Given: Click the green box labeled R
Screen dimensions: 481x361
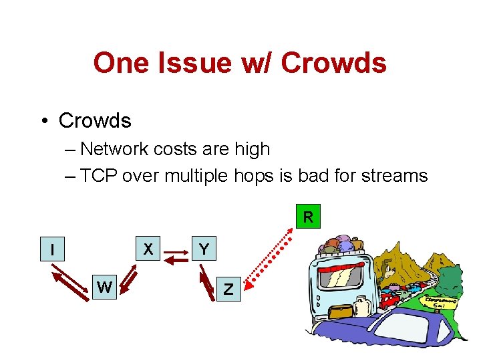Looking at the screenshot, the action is tap(307, 217).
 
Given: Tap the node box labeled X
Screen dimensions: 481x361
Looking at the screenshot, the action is tap(148, 249).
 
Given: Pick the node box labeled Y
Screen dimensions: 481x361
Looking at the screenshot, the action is tap(204, 249).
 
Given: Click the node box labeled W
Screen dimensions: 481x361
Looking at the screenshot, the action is tap(104, 287).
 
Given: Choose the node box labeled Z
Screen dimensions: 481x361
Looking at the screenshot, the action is tap(228, 289).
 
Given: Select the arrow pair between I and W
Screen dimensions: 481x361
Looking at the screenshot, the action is tap(70, 283).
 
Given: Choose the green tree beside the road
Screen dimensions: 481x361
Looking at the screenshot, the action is tap(452, 277).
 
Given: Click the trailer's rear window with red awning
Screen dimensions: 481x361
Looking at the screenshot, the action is tap(344, 274).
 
